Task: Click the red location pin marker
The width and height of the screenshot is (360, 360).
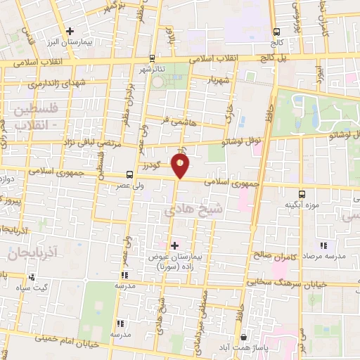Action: pos(181,165)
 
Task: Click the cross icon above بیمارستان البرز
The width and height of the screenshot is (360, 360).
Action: pos(70,31)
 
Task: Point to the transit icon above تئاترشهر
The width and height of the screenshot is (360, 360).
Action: pos(153,58)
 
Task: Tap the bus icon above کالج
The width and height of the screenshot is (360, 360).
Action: pos(277,32)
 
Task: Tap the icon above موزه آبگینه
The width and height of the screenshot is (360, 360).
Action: pos(302,193)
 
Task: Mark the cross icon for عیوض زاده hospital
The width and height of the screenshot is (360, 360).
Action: pos(174,245)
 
